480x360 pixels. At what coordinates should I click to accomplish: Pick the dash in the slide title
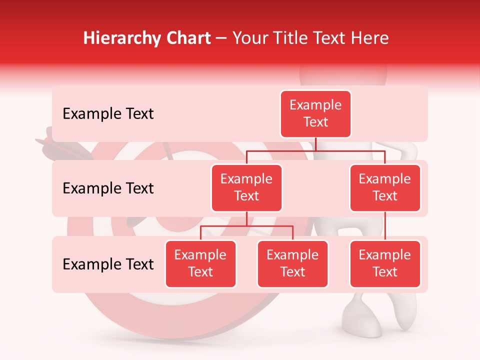click(221, 38)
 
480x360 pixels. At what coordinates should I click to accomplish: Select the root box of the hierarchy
click(315, 113)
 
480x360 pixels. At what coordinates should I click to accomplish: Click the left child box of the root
click(246, 187)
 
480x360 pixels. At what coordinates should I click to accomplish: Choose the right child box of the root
click(385, 187)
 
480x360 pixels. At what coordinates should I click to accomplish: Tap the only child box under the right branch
click(385, 263)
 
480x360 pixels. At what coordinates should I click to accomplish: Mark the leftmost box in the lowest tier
click(200, 263)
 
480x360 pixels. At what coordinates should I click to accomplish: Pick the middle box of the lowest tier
click(292, 263)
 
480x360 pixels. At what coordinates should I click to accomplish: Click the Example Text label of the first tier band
click(108, 114)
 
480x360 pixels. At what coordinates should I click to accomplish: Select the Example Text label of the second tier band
click(108, 188)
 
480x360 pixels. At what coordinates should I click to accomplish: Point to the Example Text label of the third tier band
click(108, 264)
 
